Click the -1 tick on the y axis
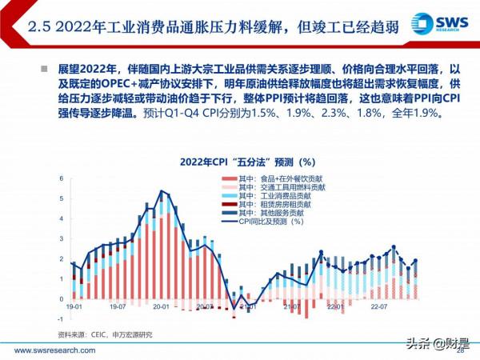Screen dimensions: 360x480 61,318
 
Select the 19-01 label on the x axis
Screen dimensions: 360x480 74,307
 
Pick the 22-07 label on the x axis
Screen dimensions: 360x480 378,307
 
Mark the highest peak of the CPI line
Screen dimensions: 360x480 162,191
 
